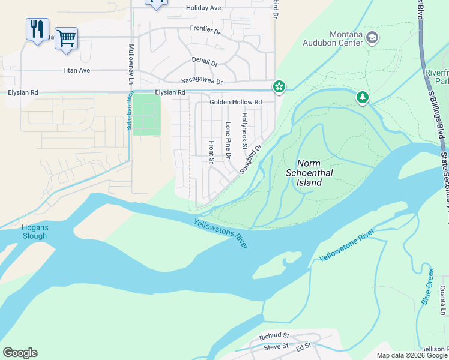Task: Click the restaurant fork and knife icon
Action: (x=37, y=29)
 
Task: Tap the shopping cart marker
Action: (x=67, y=38)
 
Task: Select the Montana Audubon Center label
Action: (x=346, y=38)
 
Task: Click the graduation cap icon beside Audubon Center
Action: (x=372, y=38)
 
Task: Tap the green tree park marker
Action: (x=362, y=97)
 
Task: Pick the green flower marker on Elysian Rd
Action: (x=279, y=87)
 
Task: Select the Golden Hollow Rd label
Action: (x=235, y=103)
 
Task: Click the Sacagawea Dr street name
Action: (x=202, y=82)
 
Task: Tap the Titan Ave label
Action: (x=76, y=70)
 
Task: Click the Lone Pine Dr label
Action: (x=228, y=140)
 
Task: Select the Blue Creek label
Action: (x=427, y=286)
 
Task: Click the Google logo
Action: (x=20, y=353)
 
